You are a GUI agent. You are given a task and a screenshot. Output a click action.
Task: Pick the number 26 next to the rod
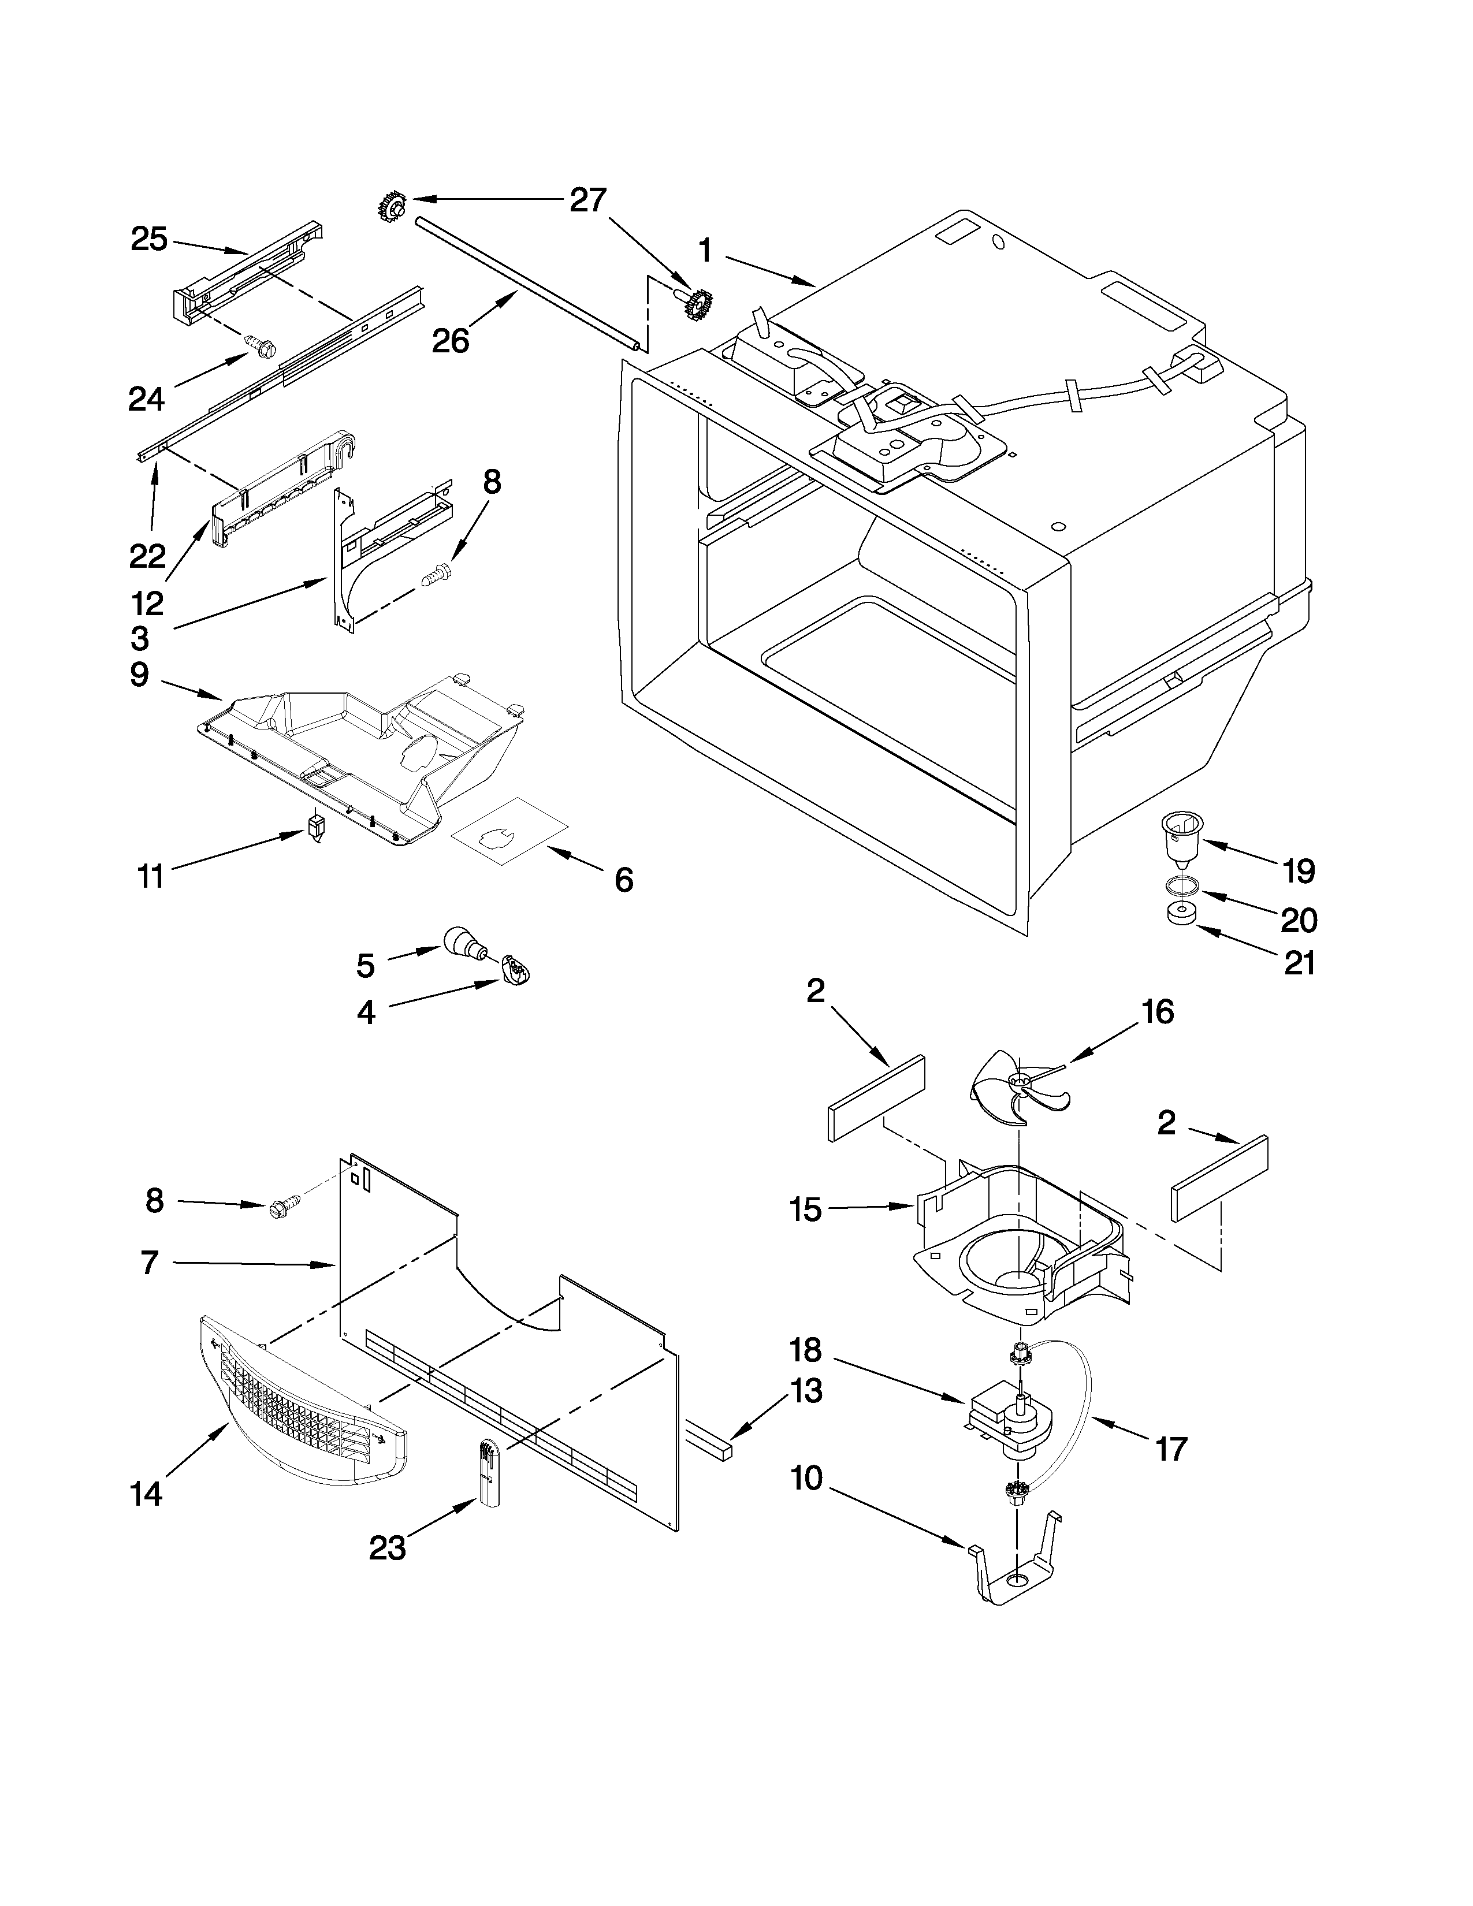[451, 340]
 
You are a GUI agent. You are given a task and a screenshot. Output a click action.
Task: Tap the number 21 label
[1299, 963]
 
